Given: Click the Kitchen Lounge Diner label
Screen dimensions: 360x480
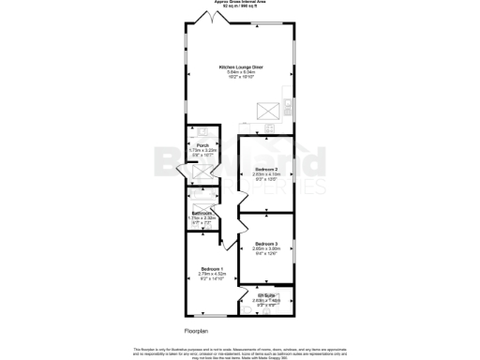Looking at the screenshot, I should [x=239, y=67].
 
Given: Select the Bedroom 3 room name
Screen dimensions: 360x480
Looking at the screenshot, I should [x=266, y=242].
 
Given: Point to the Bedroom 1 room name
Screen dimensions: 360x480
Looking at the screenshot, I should [x=212, y=268].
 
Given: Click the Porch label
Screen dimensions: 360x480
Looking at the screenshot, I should [x=202, y=145].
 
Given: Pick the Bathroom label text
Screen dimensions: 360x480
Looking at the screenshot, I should [x=202, y=213].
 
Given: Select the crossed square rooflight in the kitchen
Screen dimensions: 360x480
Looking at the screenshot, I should [x=267, y=112].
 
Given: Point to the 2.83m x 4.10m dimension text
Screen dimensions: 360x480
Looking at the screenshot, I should [x=266, y=174].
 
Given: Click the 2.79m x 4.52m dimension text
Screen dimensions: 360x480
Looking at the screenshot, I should [x=212, y=274].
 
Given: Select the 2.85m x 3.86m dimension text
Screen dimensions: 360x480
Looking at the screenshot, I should [x=266, y=247].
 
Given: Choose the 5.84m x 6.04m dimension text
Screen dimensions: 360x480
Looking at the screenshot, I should [x=239, y=72].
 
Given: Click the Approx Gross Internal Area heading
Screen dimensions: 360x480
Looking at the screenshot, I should [x=240, y=3].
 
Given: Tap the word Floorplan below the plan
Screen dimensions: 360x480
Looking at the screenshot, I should [x=195, y=331].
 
